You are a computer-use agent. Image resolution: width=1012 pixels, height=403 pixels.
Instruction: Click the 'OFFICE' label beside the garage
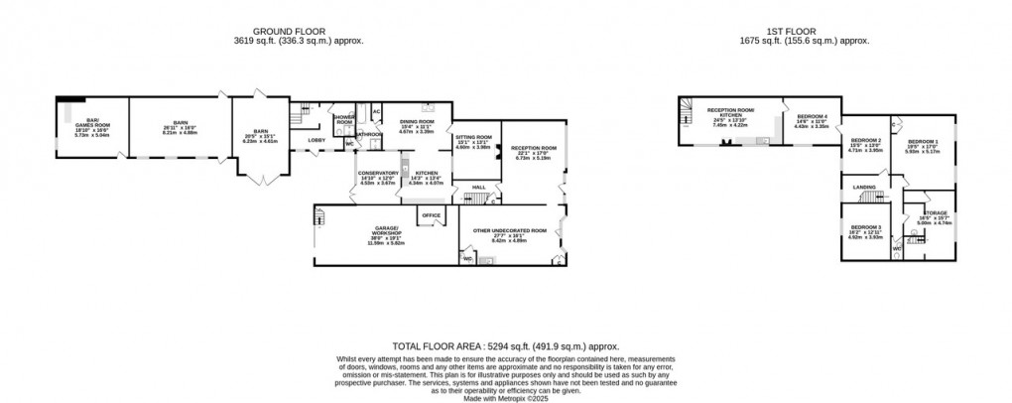[431, 215]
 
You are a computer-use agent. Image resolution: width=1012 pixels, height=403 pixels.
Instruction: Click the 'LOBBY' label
[316, 140]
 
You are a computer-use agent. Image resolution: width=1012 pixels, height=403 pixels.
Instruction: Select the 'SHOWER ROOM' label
[344, 119]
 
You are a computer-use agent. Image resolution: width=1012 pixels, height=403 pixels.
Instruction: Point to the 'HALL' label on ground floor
[478, 187]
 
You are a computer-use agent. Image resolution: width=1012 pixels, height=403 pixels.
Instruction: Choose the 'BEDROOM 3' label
[862, 227]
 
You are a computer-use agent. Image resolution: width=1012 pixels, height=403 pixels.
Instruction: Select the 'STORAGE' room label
[936, 212]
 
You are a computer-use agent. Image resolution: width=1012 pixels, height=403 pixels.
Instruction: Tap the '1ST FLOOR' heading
[805, 30]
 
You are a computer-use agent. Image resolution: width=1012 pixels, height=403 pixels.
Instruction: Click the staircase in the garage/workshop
[320, 227]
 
